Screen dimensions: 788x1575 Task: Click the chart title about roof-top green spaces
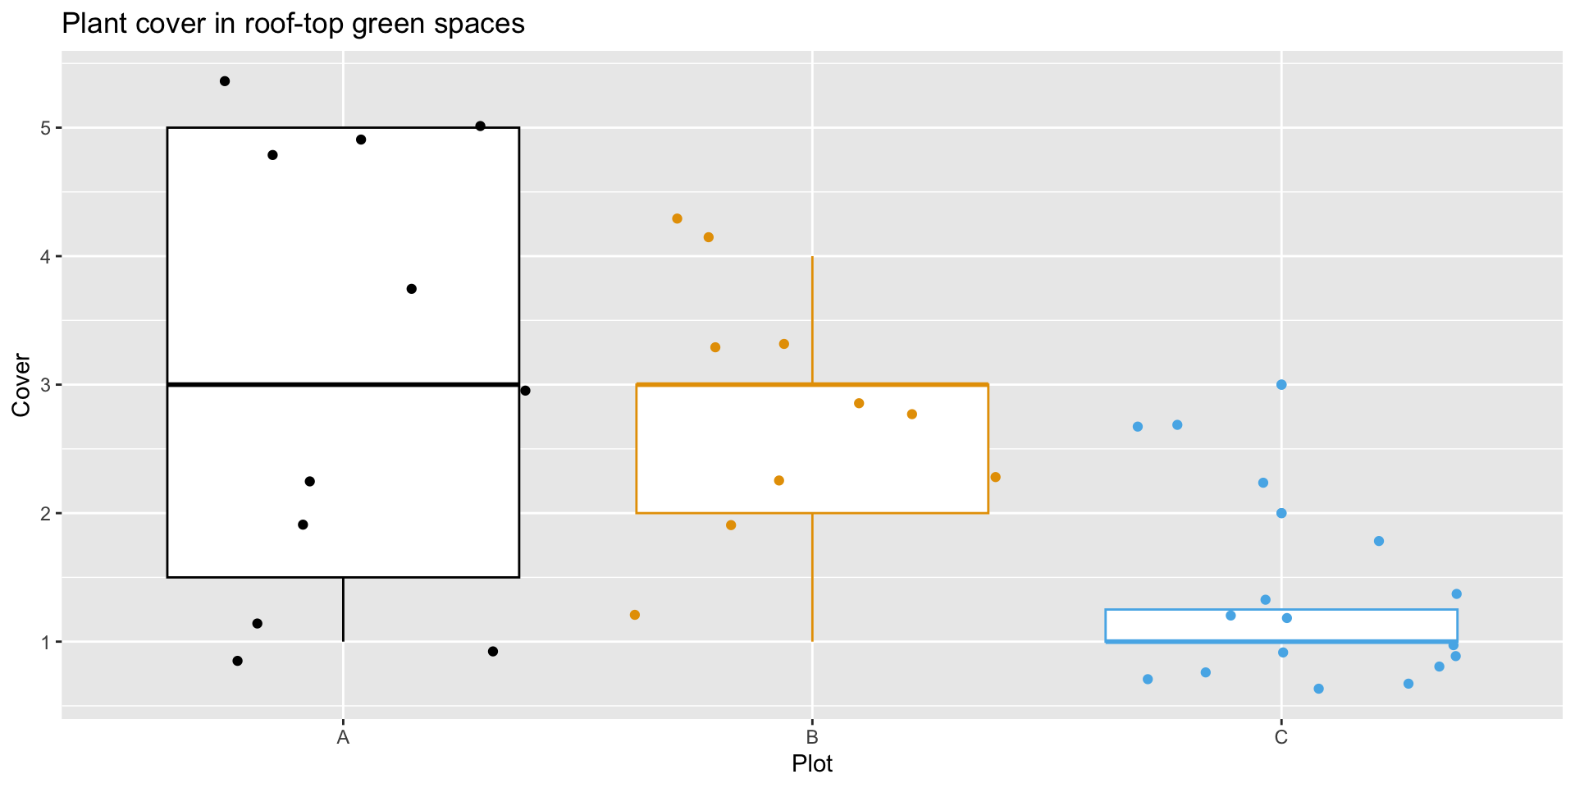pos(293,24)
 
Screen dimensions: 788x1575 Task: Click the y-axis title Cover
pos(21,385)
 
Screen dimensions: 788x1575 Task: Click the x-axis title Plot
pos(812,764)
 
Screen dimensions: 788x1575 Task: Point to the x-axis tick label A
pos(343,738)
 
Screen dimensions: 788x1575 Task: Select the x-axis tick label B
pos(812,738)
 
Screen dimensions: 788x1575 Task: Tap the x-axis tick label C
pos(1281,738)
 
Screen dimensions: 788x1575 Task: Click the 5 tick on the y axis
pos(46,128)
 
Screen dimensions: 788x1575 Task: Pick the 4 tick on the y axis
pos(46,257)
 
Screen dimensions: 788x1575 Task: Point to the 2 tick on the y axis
pos(46,514)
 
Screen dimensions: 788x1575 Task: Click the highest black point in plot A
pos(225,81)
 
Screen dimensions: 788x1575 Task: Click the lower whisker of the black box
pos(343,609)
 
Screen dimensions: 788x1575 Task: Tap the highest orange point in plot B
pos(677,218)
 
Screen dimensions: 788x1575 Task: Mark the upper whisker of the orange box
pos(812,320)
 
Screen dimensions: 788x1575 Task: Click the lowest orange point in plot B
pos(634,615)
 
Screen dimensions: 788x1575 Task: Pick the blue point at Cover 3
pos(1281,384)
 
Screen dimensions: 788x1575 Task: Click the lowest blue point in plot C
pos(1318,689)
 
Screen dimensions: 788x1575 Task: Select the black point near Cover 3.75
pos(412,289)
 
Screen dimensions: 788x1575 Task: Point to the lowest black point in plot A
pos(237,661)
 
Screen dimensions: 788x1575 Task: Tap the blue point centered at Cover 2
pos(1281,513)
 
